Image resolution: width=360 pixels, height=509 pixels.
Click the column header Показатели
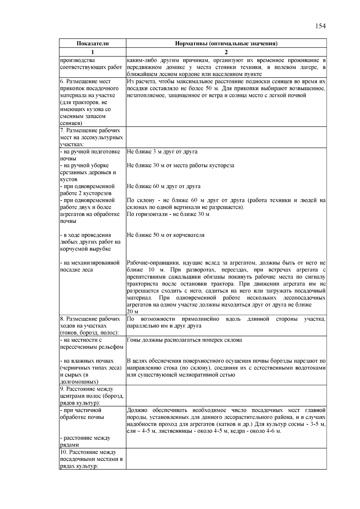point(92,43)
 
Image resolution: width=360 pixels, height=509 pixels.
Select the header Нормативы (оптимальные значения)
point(226,43)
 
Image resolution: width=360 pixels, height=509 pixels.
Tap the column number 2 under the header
point(226,52)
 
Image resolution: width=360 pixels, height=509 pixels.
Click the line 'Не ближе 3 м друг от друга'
point(162,152)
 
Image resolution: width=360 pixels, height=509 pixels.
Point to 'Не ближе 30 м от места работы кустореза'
point(180,166)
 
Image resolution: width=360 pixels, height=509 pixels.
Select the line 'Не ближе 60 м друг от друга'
point(163,186)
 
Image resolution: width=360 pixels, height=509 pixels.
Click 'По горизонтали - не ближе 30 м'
point(168,214)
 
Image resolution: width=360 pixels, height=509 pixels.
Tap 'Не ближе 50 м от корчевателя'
point(166,235)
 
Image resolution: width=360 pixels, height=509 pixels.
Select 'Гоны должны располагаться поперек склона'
point(184,340)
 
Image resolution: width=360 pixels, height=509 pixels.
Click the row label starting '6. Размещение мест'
point(85,82)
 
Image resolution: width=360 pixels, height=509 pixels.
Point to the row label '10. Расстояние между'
point(88,452)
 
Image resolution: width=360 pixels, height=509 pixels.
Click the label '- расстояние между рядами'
point(85,442)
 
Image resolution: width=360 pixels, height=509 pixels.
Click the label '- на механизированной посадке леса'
point(90,266)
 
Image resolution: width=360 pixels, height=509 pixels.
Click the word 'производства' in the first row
point(77,60)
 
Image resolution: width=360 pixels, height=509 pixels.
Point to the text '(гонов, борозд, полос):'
point(89,333)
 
